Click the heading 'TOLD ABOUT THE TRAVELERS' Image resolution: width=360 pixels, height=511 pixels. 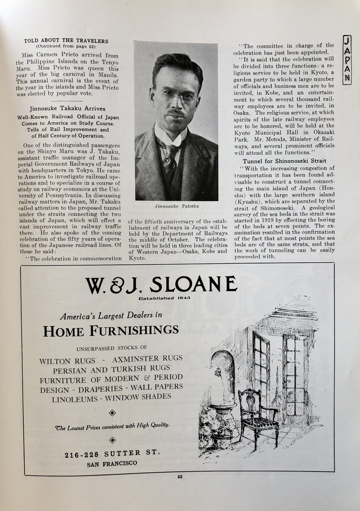(x=66, y=41)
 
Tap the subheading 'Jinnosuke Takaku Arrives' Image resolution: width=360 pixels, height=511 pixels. (x=67, y=108)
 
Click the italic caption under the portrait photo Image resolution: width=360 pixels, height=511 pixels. (x=177, y=207)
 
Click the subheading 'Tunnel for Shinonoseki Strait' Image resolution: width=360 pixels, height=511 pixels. (x=284, y=161)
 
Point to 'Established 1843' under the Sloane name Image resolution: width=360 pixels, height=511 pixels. (x=165, y=298)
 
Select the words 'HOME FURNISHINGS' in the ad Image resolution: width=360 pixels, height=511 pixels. (x=111, y=330)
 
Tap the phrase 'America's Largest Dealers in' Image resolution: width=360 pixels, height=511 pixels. (x=111, y=316)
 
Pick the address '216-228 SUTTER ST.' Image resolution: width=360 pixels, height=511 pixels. (x=112, y=454)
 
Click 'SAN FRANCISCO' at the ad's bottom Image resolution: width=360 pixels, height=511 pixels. (x=112, y=463)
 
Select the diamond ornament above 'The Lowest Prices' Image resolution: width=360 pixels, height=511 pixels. (x=112, y=412)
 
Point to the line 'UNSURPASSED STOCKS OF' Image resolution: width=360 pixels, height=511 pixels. (x=112, y=348)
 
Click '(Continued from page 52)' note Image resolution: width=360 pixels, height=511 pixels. (x=66, y=46)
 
